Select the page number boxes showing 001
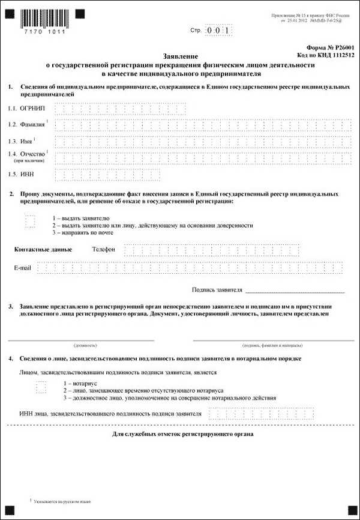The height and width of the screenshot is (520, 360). point(217,29)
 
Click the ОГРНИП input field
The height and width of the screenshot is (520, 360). point(120,108)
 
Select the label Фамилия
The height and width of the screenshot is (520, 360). point(31,125)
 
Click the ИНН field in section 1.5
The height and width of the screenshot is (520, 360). point(107,175)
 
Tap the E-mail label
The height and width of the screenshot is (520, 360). point(22,268)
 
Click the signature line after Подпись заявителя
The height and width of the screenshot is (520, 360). point(295,291)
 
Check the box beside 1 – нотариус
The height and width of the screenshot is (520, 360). point(41,387)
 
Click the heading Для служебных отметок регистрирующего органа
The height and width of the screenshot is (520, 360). point(183,434)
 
